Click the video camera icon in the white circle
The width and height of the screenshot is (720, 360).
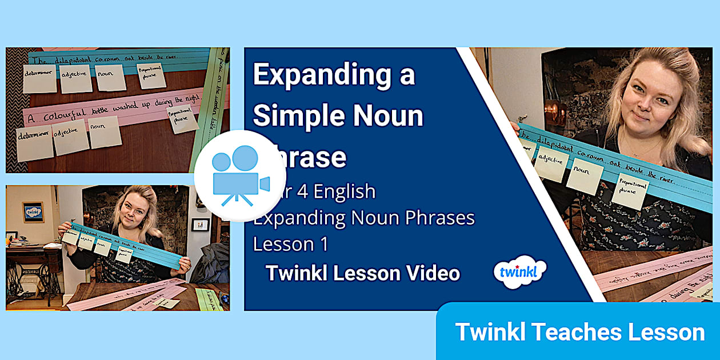click(240, 175)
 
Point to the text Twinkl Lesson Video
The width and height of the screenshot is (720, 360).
click(362, 273)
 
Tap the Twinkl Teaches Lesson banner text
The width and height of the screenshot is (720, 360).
click(579, 332)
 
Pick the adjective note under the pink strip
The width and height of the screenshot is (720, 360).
click(70, 137)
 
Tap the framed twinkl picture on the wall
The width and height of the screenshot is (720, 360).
click(33, 212)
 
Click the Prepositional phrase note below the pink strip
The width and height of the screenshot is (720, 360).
click(182, 119)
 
